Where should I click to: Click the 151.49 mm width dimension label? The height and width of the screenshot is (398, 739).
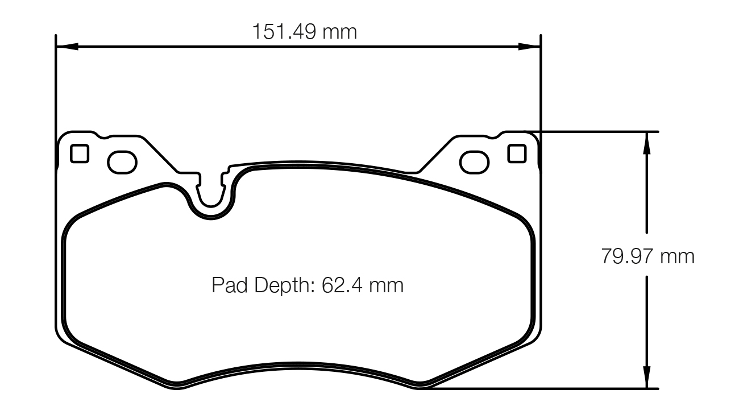[x=305, y=31]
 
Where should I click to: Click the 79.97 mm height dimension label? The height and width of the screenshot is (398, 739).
[x=647, y=256]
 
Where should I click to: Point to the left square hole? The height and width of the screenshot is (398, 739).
[x=80, y=154]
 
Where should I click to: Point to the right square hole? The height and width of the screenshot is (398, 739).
[x=517, y=154]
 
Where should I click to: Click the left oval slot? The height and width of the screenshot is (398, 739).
[x=122, y=162]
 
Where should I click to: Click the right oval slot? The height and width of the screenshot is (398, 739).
[x=475, y=162]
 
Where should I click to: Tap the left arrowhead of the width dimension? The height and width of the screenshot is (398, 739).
[x=67, y=46]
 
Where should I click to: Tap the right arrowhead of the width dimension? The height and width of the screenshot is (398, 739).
[x=529, y=46]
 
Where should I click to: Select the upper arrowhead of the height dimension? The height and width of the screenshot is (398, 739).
[x=646, y=142]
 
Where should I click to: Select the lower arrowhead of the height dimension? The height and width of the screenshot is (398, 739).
[x=646, y=378]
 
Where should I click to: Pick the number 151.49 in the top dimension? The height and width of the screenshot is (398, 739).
[x=284, y=31]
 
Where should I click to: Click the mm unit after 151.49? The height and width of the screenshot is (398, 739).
[x=340, y=31]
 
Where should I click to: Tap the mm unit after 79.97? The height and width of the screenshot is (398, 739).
[x=677, y=256]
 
